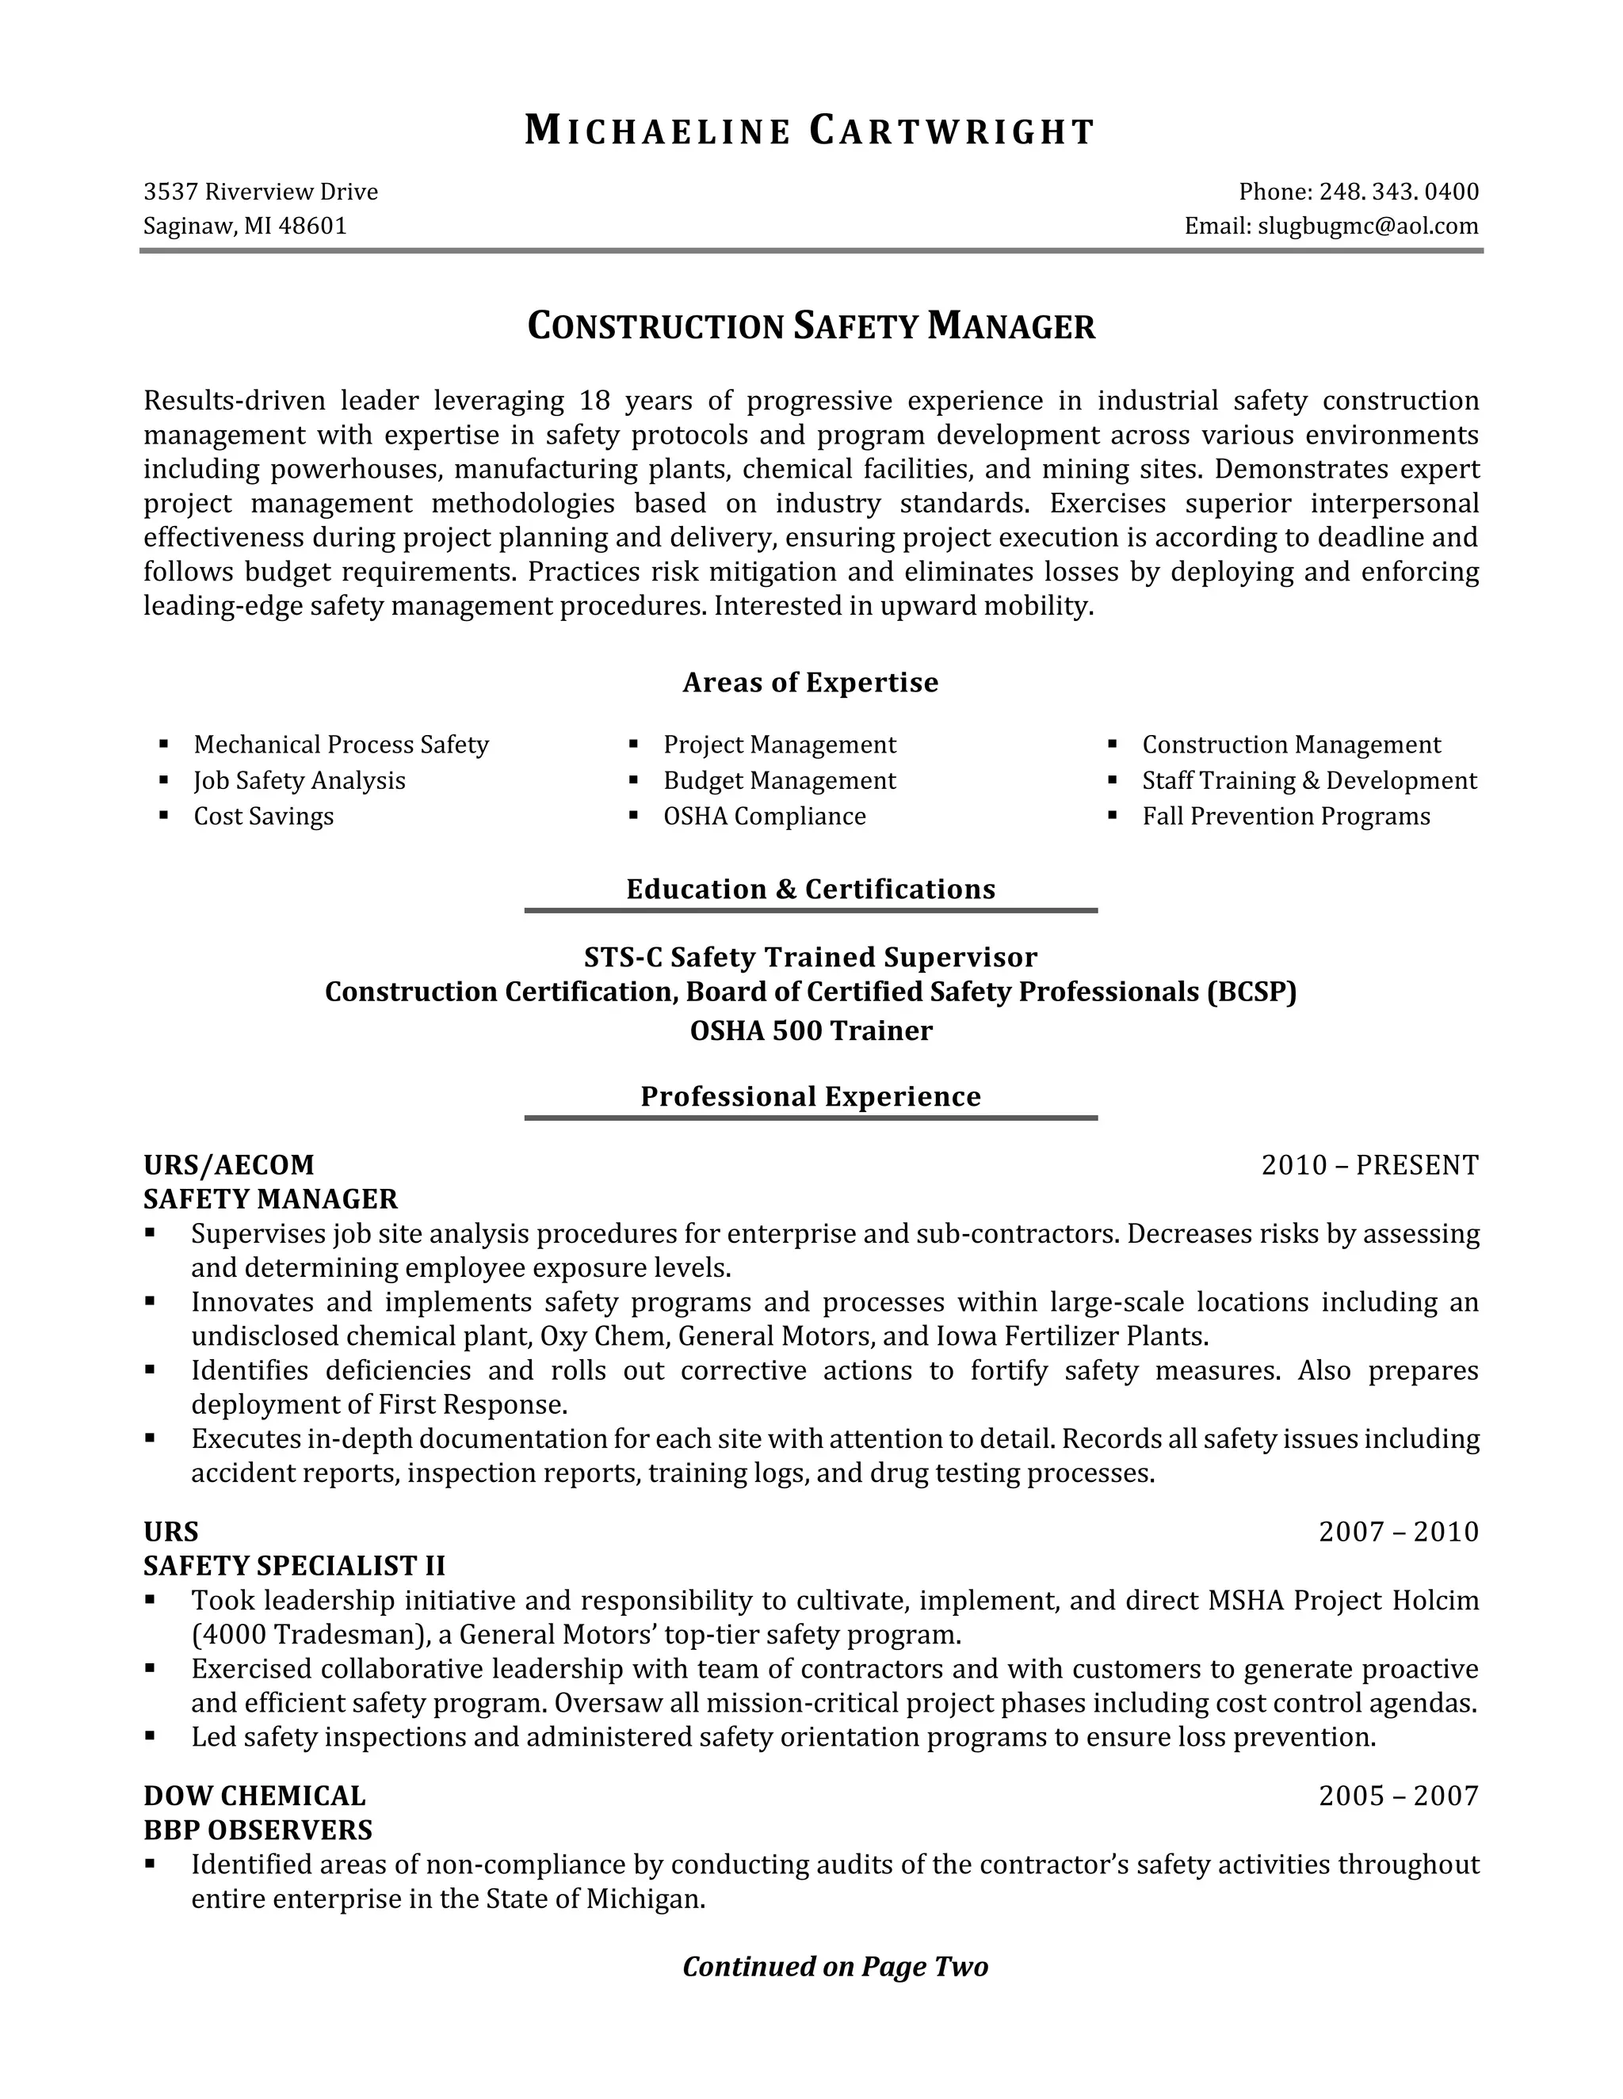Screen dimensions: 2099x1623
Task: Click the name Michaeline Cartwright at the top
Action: tap(810, 131)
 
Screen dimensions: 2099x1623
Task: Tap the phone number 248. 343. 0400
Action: tap(1398, 192)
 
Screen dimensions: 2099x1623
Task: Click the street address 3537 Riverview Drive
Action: tap(261, 192)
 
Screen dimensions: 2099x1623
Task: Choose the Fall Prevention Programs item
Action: tap(1285, 816)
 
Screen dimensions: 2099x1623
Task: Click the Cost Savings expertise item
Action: tap(263, 816)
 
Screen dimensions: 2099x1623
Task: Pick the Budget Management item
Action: tap(779, 780)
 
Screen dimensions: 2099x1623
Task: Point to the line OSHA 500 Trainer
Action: tap(811, 1031)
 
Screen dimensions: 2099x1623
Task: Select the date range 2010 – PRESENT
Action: tap(1369, 1165)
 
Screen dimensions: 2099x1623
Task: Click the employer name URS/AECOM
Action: tap(229, 1165)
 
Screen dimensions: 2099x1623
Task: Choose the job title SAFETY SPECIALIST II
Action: tap(294, 1566)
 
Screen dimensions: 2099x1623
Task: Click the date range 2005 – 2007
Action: tap(1398, 1796)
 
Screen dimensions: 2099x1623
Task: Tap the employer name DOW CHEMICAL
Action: tap(255, 1796)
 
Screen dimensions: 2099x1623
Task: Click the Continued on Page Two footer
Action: tap(834, 1967)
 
